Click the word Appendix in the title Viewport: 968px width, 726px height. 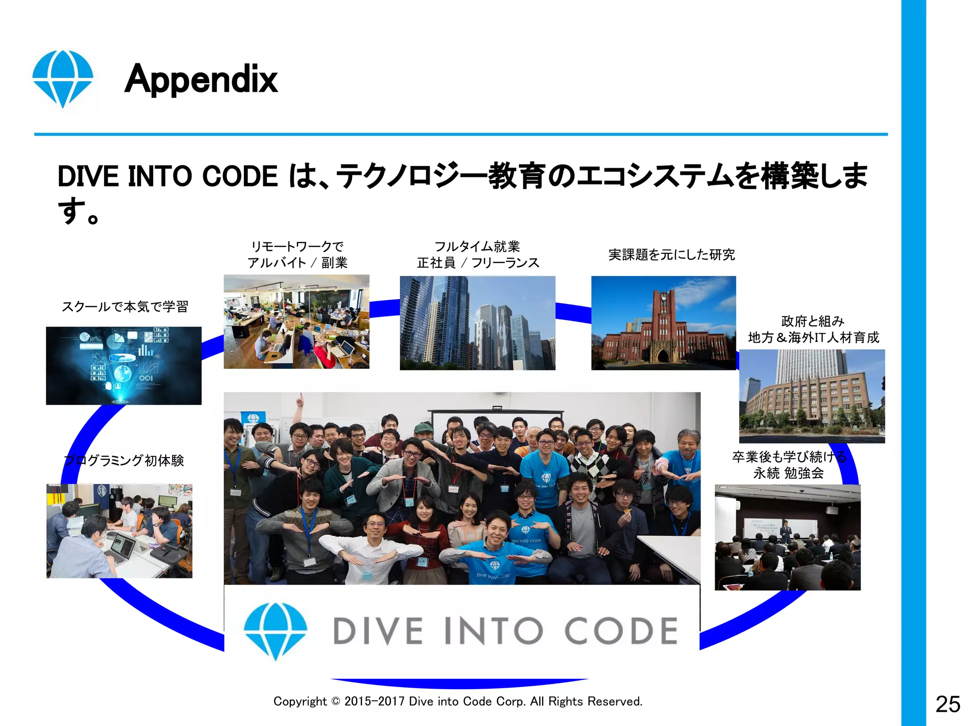(x=201, y=79)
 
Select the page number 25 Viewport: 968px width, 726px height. (x=947, y=704)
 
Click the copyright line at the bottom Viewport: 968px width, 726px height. (x=458, y=701)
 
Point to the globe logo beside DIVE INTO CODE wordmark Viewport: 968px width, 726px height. (x=276, y=631)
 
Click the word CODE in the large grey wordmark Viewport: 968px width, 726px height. (x=621, y=631)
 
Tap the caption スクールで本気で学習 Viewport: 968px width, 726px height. (x=125, y=307)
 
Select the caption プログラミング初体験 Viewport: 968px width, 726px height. (x=124, y=460)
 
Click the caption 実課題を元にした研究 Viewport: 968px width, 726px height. (x=671, y=255)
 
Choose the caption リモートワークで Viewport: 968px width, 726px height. (x=297, y=246)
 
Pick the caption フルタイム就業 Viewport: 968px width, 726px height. (x=477, y=246)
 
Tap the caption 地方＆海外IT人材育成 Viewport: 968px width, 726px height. (x=813, y=337)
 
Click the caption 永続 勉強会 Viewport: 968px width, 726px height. (x=788, y=473)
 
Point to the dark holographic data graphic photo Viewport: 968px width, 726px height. (x=123, y=365)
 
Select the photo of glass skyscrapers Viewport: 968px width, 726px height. (x=477, y=323)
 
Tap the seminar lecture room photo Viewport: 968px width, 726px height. (x=787, y=537)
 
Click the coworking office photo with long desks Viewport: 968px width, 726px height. (x=296, y=321)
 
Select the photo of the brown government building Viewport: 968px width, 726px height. (x=812, y=396)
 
